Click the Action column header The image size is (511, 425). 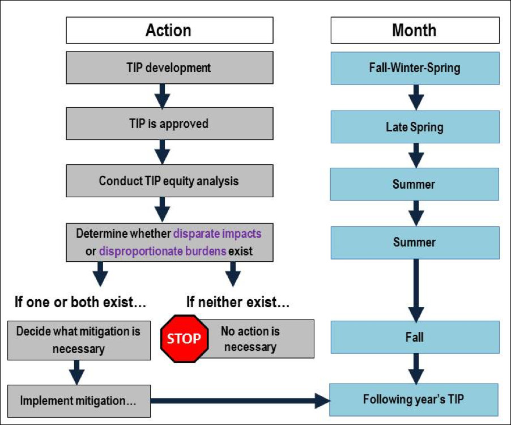[x=169, y=30]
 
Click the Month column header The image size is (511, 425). [x=414, y=30]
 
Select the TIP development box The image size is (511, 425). [x=169, y=67]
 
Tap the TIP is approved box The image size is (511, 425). [x=169, y=124]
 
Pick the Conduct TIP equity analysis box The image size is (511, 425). [x=169, y=181]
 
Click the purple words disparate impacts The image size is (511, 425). [x=217, y=233]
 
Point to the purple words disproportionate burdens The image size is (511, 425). [x=162, y=251]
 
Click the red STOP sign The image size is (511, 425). [x=184, y=338]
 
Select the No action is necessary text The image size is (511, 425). [x=250, y=338]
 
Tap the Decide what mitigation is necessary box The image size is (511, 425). [x=79, y=339]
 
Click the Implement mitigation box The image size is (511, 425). [x=79, y=400]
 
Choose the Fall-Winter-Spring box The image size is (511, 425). [x=414, y=68]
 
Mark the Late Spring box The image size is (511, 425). [x=414, y=127]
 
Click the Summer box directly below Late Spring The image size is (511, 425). [x=414, y=184]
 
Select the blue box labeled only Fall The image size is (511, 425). [x=414, y=337]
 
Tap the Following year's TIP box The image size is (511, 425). [x=414, y=399]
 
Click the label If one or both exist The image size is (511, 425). [x=80, y=302]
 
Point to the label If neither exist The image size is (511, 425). [x=238, y=302]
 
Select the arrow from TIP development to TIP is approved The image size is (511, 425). [x=163, y=96]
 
